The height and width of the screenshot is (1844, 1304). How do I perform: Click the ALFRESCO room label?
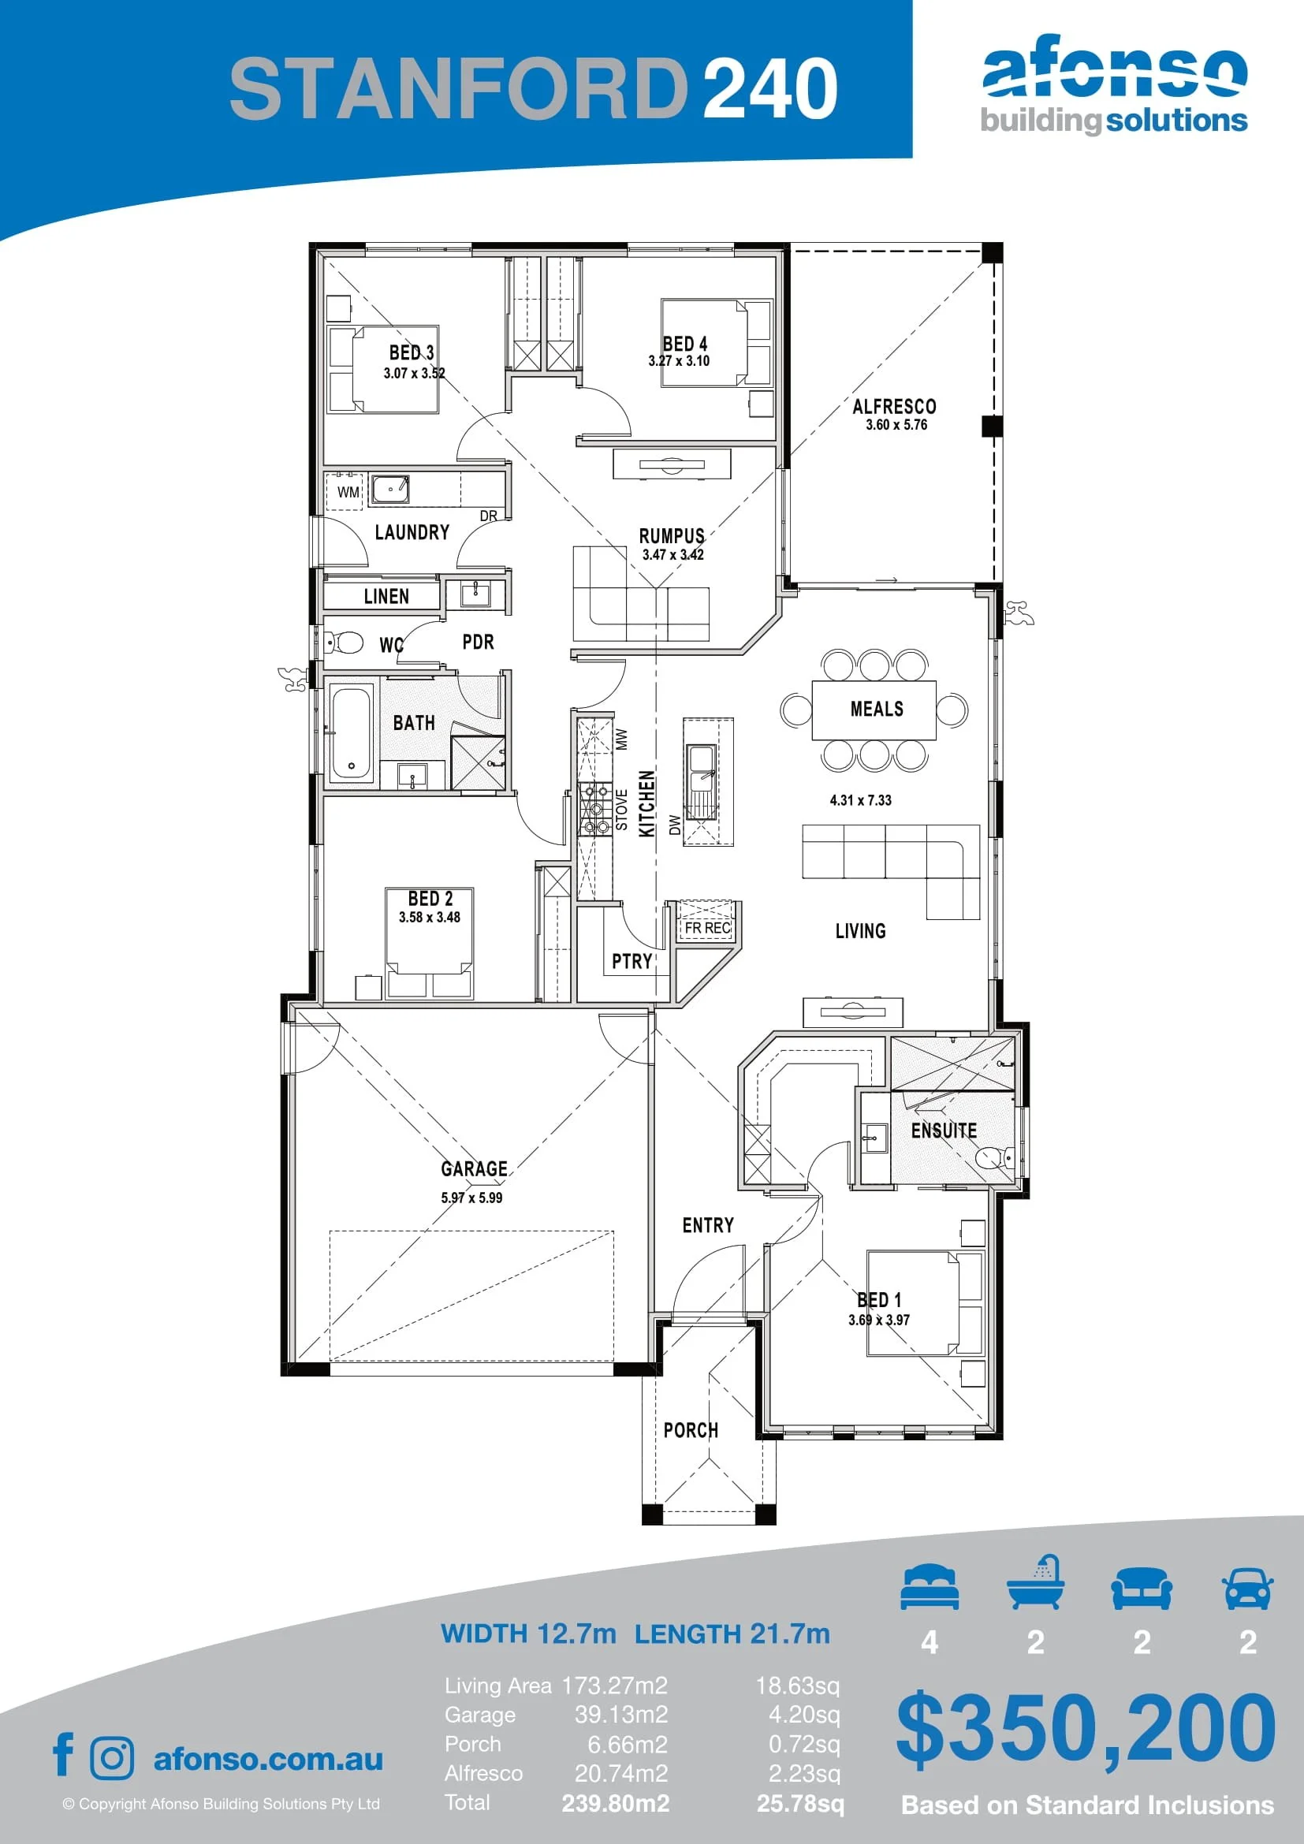click(895, 406)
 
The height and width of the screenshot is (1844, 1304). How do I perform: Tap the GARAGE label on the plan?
click(474, 1168)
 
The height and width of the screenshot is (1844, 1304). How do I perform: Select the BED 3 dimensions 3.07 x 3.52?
click(415, 373)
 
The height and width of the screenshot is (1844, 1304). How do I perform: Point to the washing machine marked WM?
click(348, 491)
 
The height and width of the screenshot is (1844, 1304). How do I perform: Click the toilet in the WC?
click(344, 642)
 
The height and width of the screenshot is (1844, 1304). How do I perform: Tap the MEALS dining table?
click(874, 710)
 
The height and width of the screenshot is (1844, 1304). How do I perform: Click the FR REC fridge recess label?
click(706, 928)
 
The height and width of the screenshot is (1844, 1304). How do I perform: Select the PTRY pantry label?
click(632, 961)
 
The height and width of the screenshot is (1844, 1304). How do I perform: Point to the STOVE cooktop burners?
click(595, 810)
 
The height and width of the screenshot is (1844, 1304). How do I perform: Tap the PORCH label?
click(691, 1430)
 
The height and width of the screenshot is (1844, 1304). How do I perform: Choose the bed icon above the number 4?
click(930, 1587)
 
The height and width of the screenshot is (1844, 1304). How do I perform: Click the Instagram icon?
click(113, 1758)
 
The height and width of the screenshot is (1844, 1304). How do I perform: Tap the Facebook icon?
click(63, 1755)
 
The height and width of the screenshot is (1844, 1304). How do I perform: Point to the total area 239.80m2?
click(616, 1804)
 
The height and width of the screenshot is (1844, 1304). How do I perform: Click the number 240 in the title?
click(770, 88)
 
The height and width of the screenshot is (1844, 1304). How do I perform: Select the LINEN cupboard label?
click(386, 596)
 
